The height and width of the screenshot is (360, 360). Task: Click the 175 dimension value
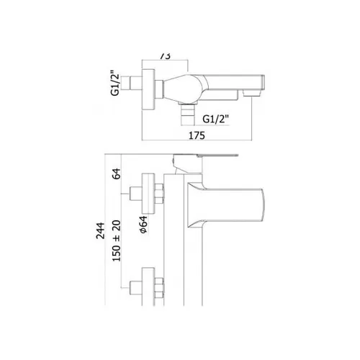197,135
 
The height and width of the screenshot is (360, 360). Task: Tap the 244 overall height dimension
101,230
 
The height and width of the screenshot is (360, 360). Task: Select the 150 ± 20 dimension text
117,240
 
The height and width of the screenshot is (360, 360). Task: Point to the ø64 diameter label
143,225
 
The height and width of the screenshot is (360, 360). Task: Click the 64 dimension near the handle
117,174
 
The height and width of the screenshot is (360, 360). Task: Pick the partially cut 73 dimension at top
165,56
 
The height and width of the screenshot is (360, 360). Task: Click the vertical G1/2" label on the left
115,83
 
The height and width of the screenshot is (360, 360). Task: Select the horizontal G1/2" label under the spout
216,119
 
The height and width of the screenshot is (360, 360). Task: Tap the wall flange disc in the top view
148,89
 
